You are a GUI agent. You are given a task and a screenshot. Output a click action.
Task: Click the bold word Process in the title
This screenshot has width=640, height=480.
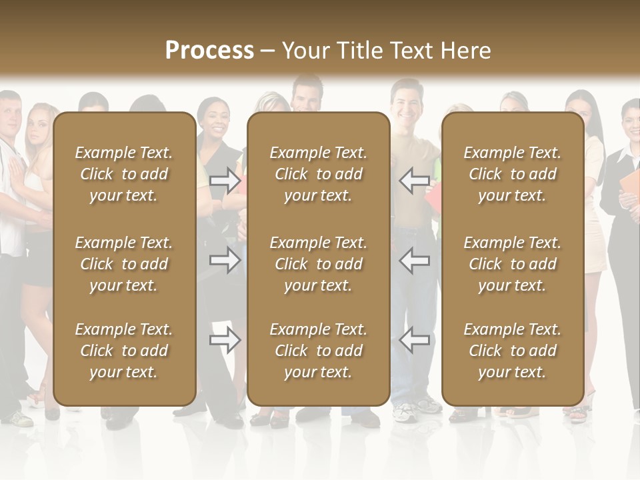[x=209, y=50]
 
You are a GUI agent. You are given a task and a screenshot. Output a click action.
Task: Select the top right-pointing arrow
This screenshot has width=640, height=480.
[x=225, y=181]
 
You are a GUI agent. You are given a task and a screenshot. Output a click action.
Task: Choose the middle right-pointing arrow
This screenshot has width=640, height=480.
[x=225, y=260]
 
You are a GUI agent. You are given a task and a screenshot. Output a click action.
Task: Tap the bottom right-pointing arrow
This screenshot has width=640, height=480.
[x=225, y=340]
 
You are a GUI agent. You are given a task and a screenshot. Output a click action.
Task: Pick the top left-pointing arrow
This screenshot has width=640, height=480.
[x=414, y=181]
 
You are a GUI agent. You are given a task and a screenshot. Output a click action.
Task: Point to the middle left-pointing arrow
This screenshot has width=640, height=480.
[x=414, y=260]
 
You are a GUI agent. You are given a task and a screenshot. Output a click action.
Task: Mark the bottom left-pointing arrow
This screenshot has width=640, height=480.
[x=414, y=340]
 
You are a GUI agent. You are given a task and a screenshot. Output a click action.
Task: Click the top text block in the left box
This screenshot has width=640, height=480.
[x=123, y=174]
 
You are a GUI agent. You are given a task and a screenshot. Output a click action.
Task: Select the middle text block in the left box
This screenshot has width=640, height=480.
[x=123, y=264]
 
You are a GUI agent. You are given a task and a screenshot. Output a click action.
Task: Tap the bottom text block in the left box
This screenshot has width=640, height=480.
[x=123, y=351]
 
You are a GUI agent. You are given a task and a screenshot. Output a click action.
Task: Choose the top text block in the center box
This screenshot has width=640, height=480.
[x=318, y=174]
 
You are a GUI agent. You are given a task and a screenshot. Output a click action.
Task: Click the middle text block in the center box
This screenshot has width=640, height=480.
[x=318, y=264]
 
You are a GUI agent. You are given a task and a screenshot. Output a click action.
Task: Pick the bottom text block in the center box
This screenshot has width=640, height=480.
[x=318, y=351]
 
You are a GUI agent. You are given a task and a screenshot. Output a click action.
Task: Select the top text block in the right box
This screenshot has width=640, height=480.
[x=512, y=174]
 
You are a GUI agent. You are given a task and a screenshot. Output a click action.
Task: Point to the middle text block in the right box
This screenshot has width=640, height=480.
[x=512, y=264]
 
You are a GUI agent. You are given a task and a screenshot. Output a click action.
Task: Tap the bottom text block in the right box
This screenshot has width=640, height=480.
[x=512, y=351]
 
